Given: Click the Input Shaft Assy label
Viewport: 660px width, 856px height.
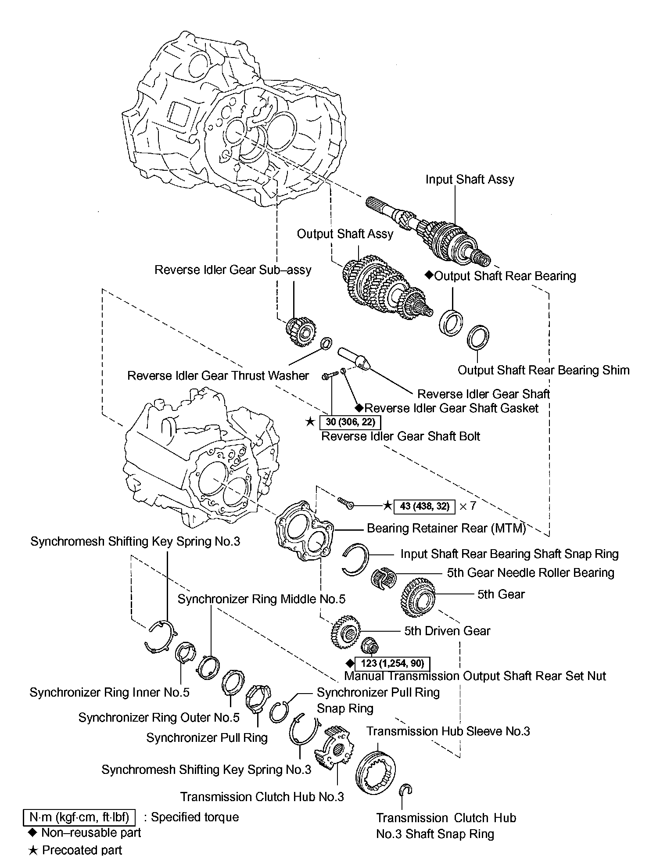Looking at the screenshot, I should pyautogui.click(x=470, y=179).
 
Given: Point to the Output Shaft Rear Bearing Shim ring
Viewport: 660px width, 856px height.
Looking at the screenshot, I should pyautogui.click(x=477, y=337).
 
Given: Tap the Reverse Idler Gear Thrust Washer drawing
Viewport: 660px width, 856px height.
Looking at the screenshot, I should pyautogui.click(x=326, y=343).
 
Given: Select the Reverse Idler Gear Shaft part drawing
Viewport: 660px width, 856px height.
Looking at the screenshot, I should pyautogui.click(x=354, y=359).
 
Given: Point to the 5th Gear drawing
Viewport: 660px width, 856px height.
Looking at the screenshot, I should pyautogui.click(x=418, y=597).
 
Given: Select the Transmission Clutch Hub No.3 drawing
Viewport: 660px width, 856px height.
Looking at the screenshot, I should pyautogui.click(x=334, y=750).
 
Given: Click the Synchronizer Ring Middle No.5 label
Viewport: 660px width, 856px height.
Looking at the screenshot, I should pyautogui.click(x=262, y=599).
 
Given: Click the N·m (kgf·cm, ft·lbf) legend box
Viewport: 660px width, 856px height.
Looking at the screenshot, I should pyautogui.click(x=79, y=817).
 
